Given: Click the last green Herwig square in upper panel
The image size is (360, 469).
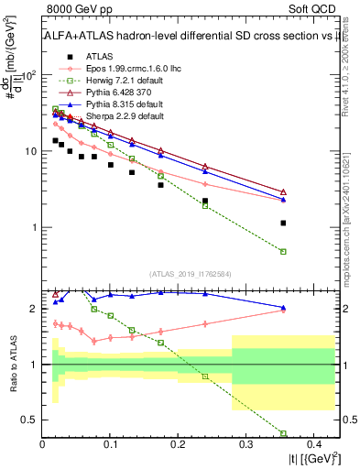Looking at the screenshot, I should coord(283,251).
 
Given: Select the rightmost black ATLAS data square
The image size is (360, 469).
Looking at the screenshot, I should coord(283,223).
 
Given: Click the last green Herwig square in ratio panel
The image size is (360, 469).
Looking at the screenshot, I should coord(283,433).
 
